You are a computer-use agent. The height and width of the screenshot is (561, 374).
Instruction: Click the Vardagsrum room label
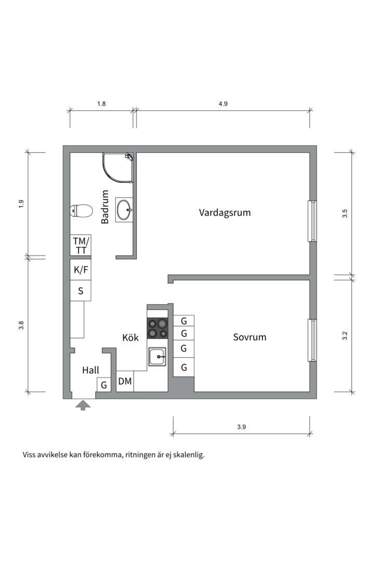[225, 212]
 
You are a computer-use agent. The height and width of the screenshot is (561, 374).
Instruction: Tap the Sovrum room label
[249, 337]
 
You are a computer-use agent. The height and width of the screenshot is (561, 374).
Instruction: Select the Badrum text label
[105, 207]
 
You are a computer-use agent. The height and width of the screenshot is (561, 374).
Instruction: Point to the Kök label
[130, 338]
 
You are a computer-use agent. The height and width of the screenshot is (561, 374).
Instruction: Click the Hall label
[91, 370]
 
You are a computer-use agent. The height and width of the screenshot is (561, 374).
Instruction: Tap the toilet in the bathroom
[81, 211]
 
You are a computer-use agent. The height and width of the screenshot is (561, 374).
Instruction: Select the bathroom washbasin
[124, 210]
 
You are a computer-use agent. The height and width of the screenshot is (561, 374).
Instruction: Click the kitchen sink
[157, 356]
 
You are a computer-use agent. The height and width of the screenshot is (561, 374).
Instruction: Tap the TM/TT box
[81, 245]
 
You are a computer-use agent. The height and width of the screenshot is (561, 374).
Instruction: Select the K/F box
[81, 270]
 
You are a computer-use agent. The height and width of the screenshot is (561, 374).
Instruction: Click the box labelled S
[81, 291]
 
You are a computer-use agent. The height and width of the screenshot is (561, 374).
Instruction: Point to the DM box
[125, 382]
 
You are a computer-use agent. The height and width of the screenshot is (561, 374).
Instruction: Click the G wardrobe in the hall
[104, 385]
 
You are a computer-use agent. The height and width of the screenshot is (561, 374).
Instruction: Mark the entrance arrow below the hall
[82, 405]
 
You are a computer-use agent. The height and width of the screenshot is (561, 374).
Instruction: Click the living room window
[312, 221]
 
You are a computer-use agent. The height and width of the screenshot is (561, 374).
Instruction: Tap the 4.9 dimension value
[223, 104]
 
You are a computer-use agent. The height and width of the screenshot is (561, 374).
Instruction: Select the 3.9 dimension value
[241, 427]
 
